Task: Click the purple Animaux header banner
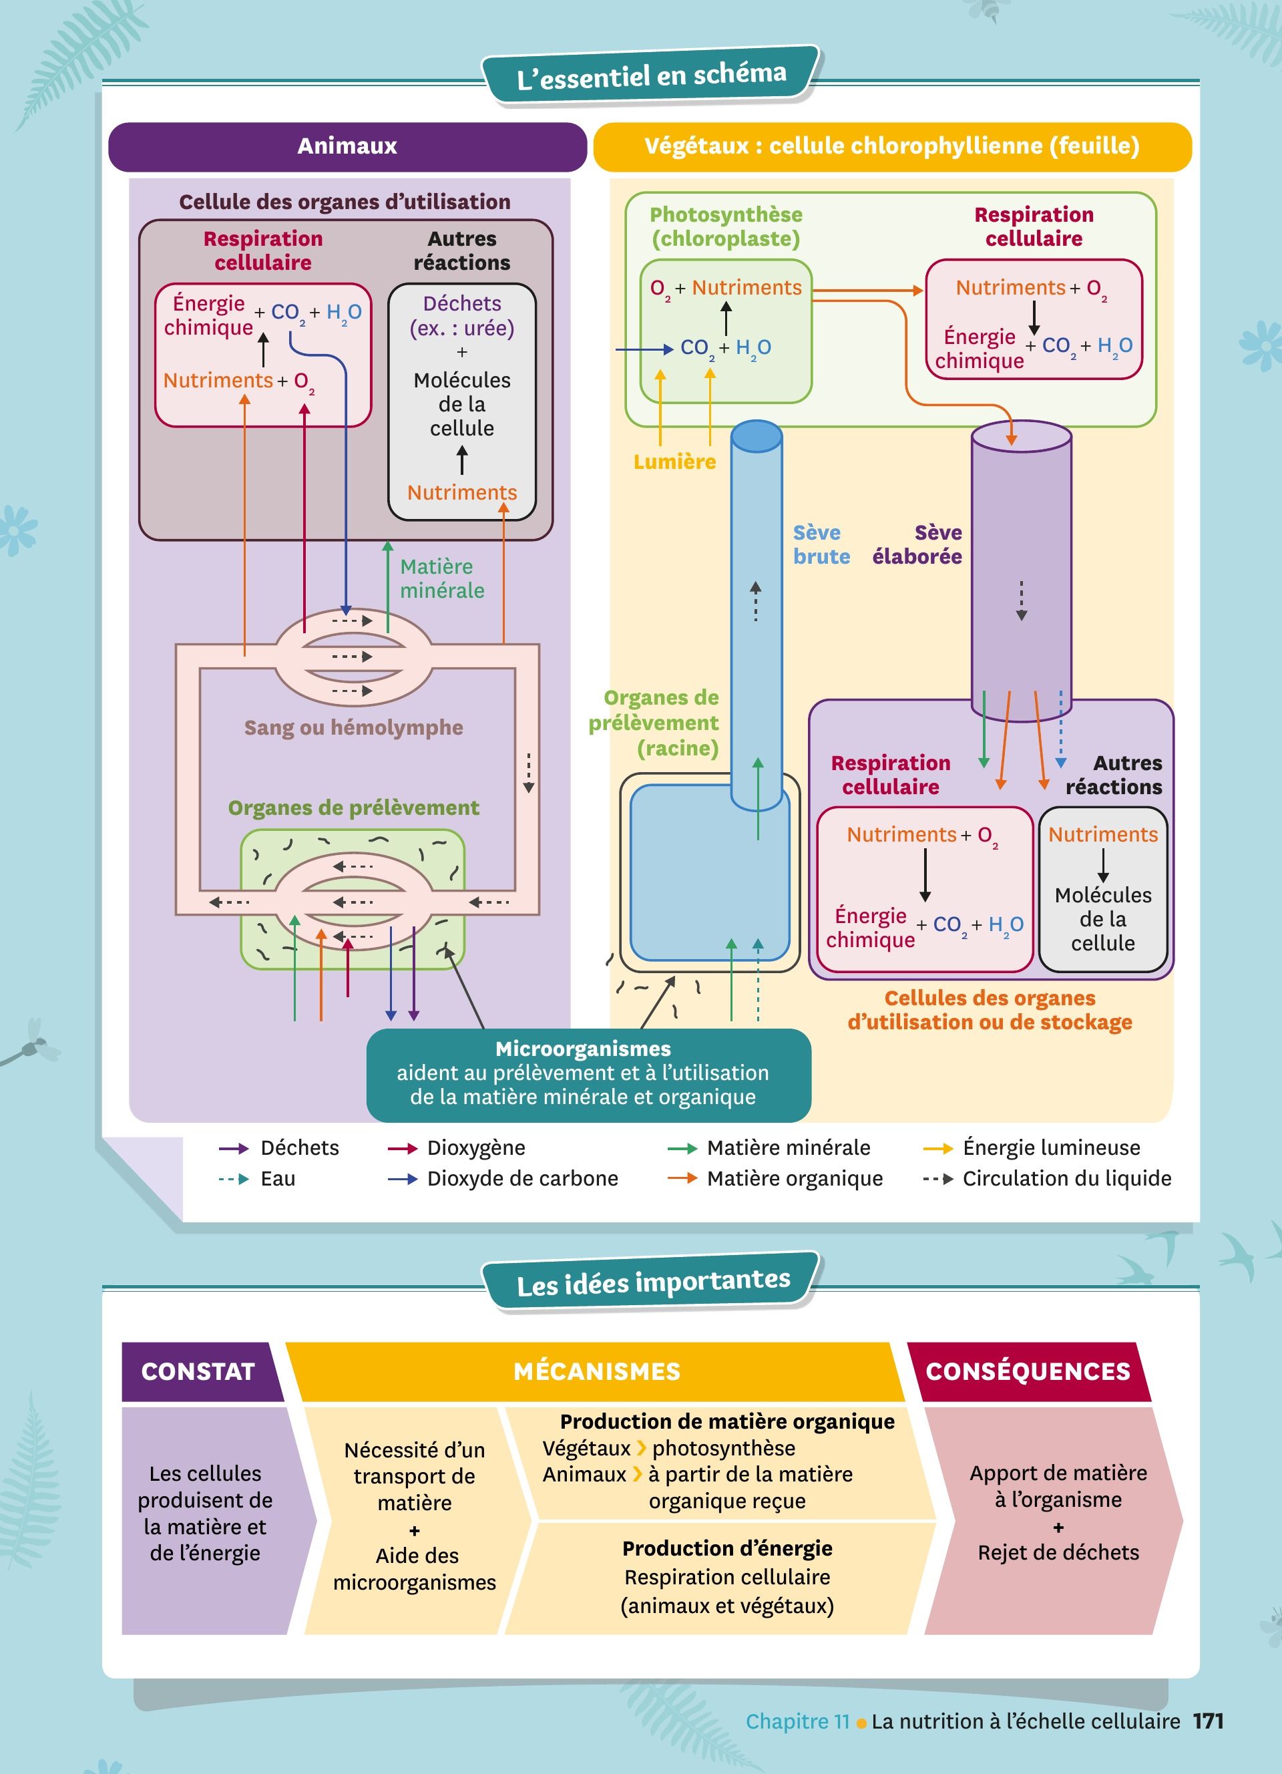click(347, 146)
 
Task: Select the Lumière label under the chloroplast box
click(674, 462)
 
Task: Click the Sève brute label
click(821, 544)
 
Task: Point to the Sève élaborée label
click(917, 544)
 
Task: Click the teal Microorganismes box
click(588, 1073)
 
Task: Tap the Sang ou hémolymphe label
click(353, 727)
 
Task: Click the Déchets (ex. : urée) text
click(462, 315)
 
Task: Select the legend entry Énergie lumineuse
click(1050, 1147)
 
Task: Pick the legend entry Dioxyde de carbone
click(522, 1178)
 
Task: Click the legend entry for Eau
click(278, 1178)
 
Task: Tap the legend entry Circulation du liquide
click(1066, 1178)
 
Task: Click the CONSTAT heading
click(198, 1371)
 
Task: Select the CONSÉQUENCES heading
click(1028, 1371)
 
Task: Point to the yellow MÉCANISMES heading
click(596, 1371)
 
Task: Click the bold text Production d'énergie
click(727, 1548)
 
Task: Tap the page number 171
click(1208, 1721)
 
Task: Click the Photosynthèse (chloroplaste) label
click(726, 227)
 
